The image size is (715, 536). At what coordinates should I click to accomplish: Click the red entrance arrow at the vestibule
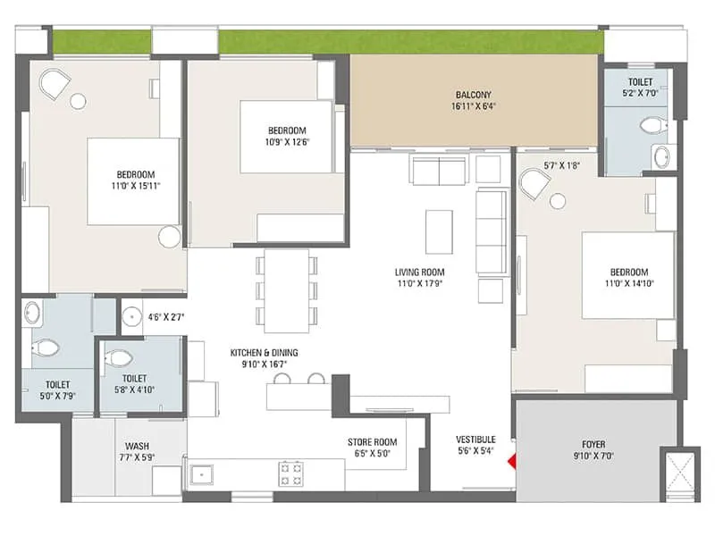(511, 462)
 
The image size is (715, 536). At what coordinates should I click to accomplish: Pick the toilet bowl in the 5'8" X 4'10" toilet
(118, 358)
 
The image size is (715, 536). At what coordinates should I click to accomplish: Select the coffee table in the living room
(438, 231)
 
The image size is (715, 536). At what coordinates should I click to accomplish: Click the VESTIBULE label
(475, 440)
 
